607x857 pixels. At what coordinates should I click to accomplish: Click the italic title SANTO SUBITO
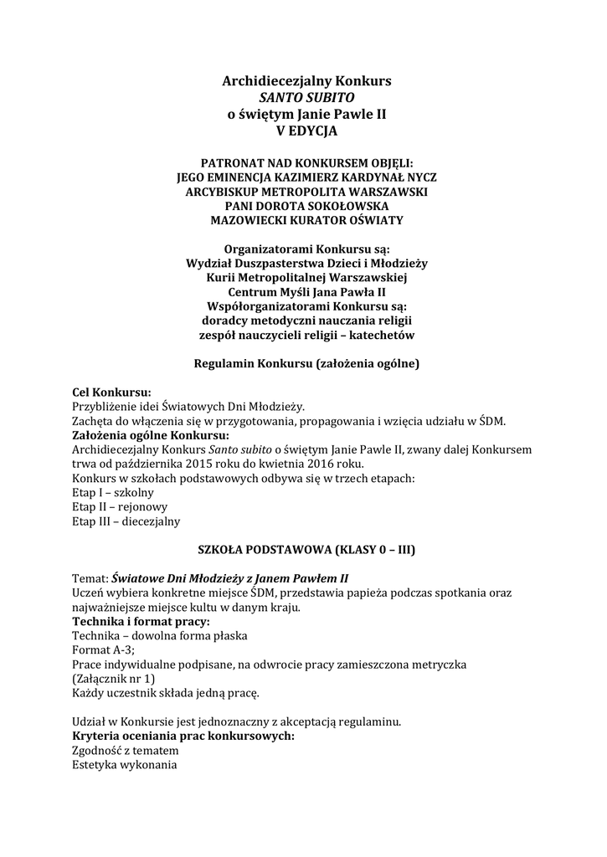[x=306, y=98]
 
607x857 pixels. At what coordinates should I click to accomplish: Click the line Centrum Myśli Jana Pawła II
[x=306, y=292]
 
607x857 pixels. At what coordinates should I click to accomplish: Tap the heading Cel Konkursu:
[x=112, y=392]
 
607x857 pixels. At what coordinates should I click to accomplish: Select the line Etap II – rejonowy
[x=120, y=506]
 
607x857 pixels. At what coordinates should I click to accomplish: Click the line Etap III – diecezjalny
[x=126, y=521]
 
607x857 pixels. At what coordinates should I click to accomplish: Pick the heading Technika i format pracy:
[x=141, y=621]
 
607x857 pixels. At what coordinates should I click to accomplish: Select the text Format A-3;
[x=104, y=649]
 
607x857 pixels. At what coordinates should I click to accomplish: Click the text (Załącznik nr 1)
[x=114, y=678]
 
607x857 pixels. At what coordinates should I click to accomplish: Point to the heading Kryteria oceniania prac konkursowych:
[x=183, y=735]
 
